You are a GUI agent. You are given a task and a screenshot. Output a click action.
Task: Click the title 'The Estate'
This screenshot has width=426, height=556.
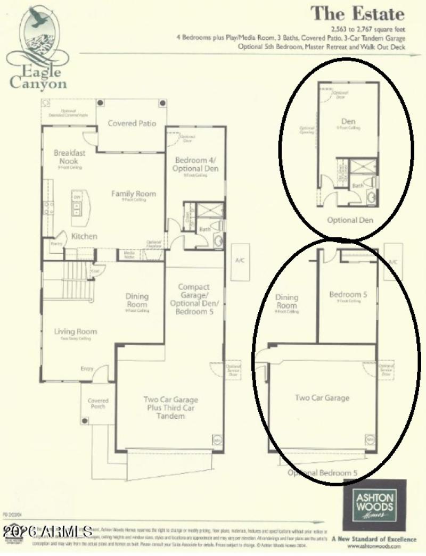[357, 14]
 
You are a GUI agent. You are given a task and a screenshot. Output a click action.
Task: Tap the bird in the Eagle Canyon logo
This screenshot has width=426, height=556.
[38, 18]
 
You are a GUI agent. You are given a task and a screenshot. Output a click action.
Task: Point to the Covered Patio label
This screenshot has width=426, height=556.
[132, 123]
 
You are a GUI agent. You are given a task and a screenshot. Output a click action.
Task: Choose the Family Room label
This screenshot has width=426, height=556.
[134, 194]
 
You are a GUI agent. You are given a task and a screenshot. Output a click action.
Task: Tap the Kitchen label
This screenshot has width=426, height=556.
[84, 236]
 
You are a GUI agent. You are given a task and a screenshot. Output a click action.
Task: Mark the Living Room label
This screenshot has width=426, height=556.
[76, 331]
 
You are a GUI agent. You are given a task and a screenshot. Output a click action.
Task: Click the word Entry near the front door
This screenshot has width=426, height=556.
[87, 369]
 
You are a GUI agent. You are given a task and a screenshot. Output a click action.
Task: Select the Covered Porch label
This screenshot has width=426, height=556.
[98, 404]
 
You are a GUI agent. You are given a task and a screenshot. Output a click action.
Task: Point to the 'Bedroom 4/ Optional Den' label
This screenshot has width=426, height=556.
[196, 164]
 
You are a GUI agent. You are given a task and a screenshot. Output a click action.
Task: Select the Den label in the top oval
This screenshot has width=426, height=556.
[348, 121]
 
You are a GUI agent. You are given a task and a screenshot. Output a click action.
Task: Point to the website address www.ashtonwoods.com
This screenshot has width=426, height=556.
[381, 547]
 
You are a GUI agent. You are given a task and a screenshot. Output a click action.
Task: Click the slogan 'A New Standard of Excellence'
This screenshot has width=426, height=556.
[374, 539]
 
